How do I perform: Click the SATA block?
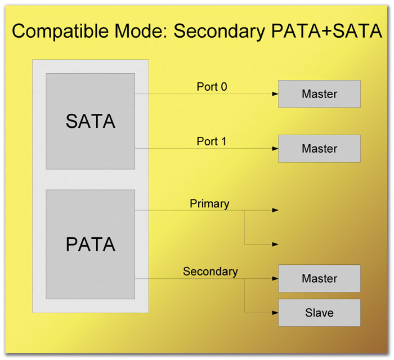[x=91, y=121]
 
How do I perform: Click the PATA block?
[x=91, y=245]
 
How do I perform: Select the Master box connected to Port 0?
[x=319, y=94]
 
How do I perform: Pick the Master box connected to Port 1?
[x=319, y=148]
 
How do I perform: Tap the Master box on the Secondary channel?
[x=319, y=278]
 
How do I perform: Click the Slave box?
[x=319, y=313]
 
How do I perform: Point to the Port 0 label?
[x=212, y=87]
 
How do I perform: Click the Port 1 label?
[x=212, y=141]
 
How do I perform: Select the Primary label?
[x=209, y=204]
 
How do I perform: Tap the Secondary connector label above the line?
[x=211, y=272]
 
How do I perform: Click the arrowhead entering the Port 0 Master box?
[x=275, y=94]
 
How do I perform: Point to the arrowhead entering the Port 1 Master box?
[x=275, y=148]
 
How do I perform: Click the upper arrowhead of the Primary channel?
[x=275, y=210]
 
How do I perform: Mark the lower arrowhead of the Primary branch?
[x=275, y=245]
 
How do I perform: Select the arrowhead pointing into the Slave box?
[x=275, y=313]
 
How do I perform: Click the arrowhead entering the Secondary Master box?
[x=275, y=278]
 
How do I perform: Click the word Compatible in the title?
[x=60, y=31]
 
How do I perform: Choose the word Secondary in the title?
[x=219, y=32]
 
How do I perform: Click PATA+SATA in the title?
[x=326, y=31]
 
